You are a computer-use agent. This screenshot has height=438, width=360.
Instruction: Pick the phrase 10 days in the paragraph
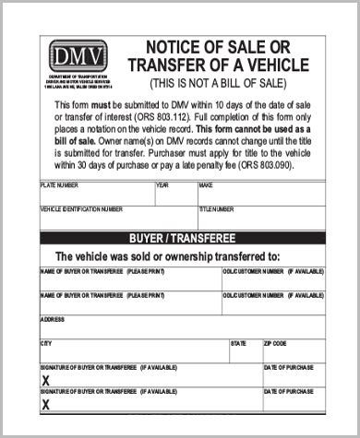tap(219, 110)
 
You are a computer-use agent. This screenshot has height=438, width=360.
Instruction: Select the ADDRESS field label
tap(52, 319)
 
